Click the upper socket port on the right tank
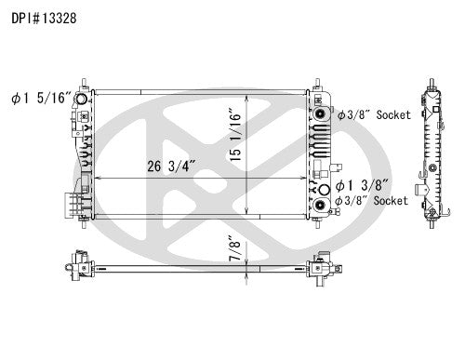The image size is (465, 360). (322, 114)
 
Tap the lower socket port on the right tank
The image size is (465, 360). (322, 205)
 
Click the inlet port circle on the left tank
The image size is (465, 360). (82, 100)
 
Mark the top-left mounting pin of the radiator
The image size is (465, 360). (85, 83)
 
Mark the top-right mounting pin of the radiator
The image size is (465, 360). (318, 83)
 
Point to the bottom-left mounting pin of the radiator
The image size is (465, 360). (85, 224)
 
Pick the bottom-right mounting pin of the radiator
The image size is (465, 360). (318, 224)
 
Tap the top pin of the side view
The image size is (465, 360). (433, 81)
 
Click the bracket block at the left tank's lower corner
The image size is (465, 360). (71, 204)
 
